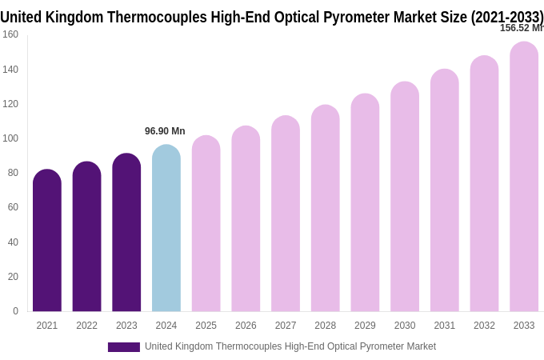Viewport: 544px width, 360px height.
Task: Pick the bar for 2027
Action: click(286, 214)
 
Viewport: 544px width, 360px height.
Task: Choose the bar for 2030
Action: click(405, 197)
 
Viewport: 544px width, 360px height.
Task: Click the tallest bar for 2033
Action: click(524, 177)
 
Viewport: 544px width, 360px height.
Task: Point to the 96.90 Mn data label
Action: click(165, 131)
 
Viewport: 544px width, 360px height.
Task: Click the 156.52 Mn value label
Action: click(521, 28)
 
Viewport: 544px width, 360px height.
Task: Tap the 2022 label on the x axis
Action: click(86, 326)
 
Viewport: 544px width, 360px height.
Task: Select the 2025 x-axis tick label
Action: click(206, 326)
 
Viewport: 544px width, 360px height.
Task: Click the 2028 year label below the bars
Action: click(325, 326)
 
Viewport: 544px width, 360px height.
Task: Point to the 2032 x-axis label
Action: click(484, 326)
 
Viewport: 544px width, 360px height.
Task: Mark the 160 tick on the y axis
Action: click(10, 34)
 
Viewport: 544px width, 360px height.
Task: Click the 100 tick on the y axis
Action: click(10, 138)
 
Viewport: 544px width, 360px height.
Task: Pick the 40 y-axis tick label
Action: click(12, 242)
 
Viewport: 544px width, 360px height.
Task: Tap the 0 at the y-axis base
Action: click(15, 311)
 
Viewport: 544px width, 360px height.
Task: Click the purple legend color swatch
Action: click(123, 347)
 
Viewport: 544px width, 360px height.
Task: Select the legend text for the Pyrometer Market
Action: click(290, 346)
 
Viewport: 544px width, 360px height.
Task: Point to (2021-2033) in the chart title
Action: click(506, 17)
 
